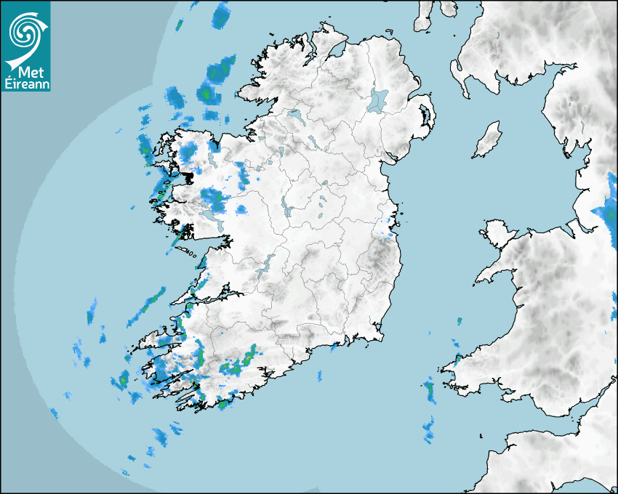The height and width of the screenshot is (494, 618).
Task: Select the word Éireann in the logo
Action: coord(27,84)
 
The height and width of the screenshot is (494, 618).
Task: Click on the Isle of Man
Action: coord(488,139)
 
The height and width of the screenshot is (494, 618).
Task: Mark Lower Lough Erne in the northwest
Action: coord(294,115)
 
